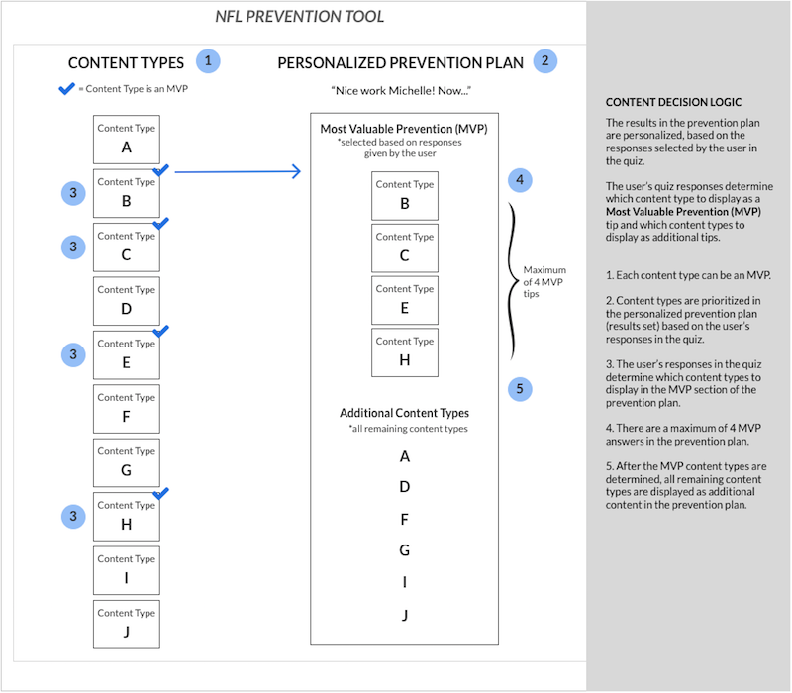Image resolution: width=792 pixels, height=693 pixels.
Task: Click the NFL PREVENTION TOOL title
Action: coord(300,16)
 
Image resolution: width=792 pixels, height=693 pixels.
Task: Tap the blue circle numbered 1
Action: coord(208,61)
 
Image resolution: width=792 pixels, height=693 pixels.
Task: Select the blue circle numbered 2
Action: coord(545,61)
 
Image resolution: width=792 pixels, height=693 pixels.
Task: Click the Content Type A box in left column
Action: coord(127,140)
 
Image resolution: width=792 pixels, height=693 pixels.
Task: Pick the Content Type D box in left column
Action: coord(127,301)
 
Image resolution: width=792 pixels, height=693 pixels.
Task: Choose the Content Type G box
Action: coord(127,462)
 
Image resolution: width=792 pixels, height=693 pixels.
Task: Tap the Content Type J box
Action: coord(127,625)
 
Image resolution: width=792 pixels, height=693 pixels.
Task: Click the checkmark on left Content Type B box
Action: coord(160,170)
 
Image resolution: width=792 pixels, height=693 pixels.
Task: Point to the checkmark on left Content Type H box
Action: coord(160,493)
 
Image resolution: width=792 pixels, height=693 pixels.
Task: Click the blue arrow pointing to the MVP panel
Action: coord(238,171)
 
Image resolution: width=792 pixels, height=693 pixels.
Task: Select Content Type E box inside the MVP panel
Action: coord(405,300)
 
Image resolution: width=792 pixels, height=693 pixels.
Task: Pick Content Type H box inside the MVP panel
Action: coord(405,352)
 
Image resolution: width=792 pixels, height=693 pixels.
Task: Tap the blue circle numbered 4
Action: coord(520,180)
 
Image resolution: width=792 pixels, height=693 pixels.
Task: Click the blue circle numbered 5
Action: coord(520,389)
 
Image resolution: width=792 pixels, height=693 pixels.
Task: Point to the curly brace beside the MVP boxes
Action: coord(513,281)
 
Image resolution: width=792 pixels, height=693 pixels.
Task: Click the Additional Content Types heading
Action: coord(404,413)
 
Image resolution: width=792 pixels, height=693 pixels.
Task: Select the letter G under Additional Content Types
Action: coord(405,550)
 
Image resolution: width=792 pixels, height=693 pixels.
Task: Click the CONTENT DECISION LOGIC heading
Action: coord(673,102)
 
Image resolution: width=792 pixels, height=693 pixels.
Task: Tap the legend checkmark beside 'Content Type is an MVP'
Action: coord(66,89)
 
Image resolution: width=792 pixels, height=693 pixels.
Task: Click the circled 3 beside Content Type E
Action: coord(73,354)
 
